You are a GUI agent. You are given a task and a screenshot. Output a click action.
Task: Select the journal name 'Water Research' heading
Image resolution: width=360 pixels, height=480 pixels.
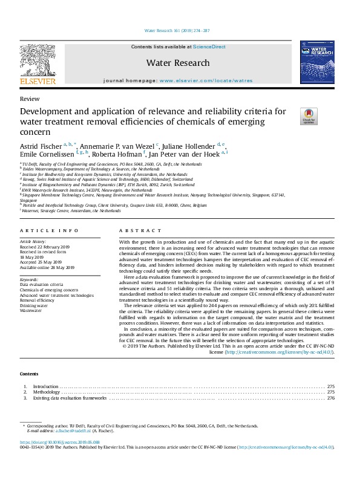[x=177, y=63]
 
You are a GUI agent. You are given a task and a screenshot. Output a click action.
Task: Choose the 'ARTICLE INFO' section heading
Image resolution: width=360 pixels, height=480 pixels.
[x=49, y=231]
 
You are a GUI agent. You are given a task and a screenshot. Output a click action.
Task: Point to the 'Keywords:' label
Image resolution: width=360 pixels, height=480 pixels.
[x=29, y=280]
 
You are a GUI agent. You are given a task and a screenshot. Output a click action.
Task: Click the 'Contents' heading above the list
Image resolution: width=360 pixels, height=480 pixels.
[x=29, y=374]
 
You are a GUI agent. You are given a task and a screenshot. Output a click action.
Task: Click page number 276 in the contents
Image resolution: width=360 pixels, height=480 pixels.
[x=330, y=398]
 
